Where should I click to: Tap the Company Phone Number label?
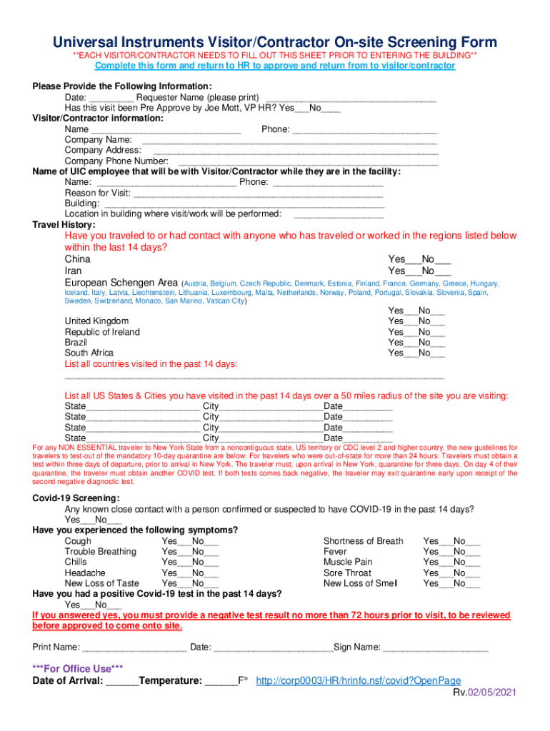pyautogui.click(x=116, y=161)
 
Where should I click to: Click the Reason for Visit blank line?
pyautogui.click(x=259, y=194)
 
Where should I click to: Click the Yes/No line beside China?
pyautogui.click(x=419, y=259)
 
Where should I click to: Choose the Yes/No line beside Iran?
pyautogui.click(x=419, y=271)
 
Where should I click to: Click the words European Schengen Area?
pyautogui.click(x=121, y=283)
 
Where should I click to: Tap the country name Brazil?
pyautogui.click(x=77, y=343)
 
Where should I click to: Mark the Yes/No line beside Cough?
pyautogui.click(x=190, y=541)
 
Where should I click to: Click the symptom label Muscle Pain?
pyautogui.click(x=347, y=562)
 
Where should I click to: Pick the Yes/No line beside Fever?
pyautogui.click(x=451, y=552)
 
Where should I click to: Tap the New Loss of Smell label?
pyautogui.click(x=360, y=583)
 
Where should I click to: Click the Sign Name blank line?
pyautogui.click(x=436, y=647)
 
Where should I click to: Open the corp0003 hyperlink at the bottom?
pyautogui.click(x=358, y=680)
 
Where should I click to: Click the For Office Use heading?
pyautogui.click(x=78, y=669)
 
